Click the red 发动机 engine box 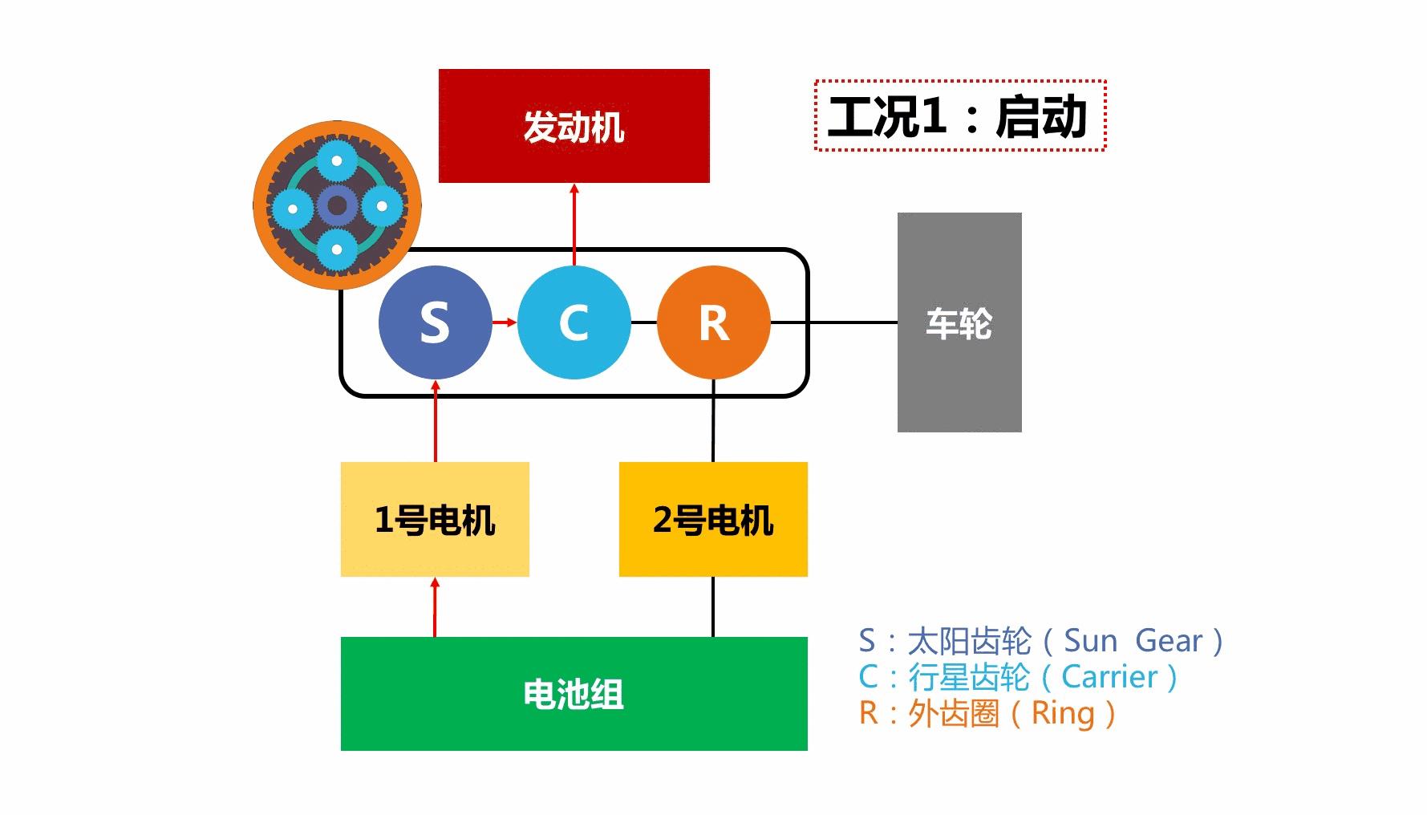pyautogui.click(x=574, y=126)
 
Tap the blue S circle pyautogui.click(x=435, y=322)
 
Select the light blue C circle pyautogui.click(x=574, y=322)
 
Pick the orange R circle pyautogui.click(x=713, y=322)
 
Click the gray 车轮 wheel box pyautogui.click(x=959, y=322)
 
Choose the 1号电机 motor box pyautogui.click(x=435, y=519)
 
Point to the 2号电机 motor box pyautogui.click(x=713, y=519)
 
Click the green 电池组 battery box pyautogui.click(x=574, y=694)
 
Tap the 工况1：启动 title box pyautogui.click(x=959, y=116)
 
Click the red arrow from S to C pyautogui.click(x=505, y=322)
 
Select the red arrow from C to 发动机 pyautogui.click(x=574, y=225)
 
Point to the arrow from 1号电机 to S pyautogui.click(x=436, y=421)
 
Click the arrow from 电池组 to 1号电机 pyautogui.click(x=436, y=607)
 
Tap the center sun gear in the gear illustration pyautogui.click(x=337, y=206)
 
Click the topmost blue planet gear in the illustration pyautogui.click(x=337, y=161)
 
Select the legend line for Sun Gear pyautogui.click(x=1040, y=641)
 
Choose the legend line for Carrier pyautogui.click(x=1018, y=677)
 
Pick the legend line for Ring pyautogui.click(x=987, y=713)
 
